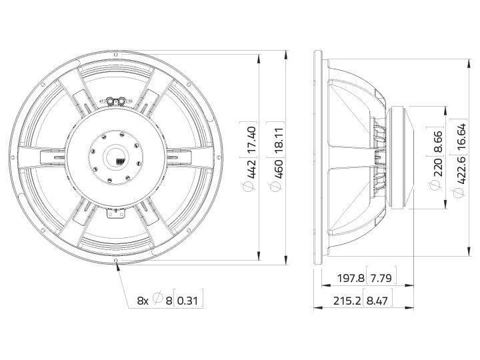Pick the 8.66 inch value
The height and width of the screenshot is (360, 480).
pos(437,139)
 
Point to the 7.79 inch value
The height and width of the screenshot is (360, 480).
pos(378,277)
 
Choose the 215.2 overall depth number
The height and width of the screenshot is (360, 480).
pos(347,301)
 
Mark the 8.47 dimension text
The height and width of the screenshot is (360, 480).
pos(378,301)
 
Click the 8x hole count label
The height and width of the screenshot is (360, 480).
pos(143,301)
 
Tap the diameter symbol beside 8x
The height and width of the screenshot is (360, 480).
pos(157,301)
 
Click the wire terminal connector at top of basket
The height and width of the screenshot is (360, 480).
pos(117,101)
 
